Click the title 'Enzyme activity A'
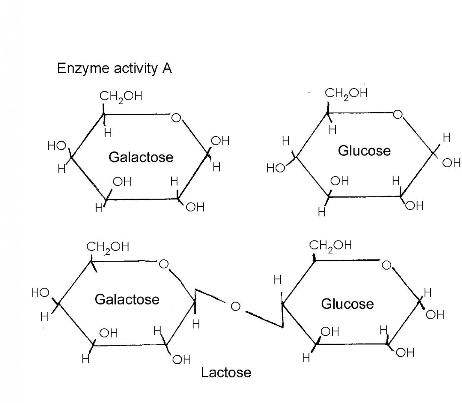click(x=114, y=68)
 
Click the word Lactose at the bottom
click(x=226, y=372)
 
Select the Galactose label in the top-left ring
click(x=141, y=157)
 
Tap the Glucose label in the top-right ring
click(x=364, y=151)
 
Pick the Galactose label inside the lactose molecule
click(x=127, y=299)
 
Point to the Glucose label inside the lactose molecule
click(x=347, y=304)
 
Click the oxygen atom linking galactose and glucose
click(x=236, y=306)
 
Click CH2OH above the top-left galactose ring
click(x=120, y=96)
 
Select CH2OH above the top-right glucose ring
click(x=346, y=93)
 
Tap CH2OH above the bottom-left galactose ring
click(x=107, y=247)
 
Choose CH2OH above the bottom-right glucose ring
click(x=330, y=245)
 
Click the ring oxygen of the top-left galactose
click(x=176, y=117)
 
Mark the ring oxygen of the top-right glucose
click(x=398, y=115)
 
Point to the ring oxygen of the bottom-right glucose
click(x=386, y=265)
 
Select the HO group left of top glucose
click(x=276, y=168)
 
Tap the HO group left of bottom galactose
click(x=40, y=293)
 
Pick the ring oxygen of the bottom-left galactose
click(x=164, y=264)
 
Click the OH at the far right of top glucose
click(x=451, y=163)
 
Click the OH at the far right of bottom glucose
click(x=435, y=314)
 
